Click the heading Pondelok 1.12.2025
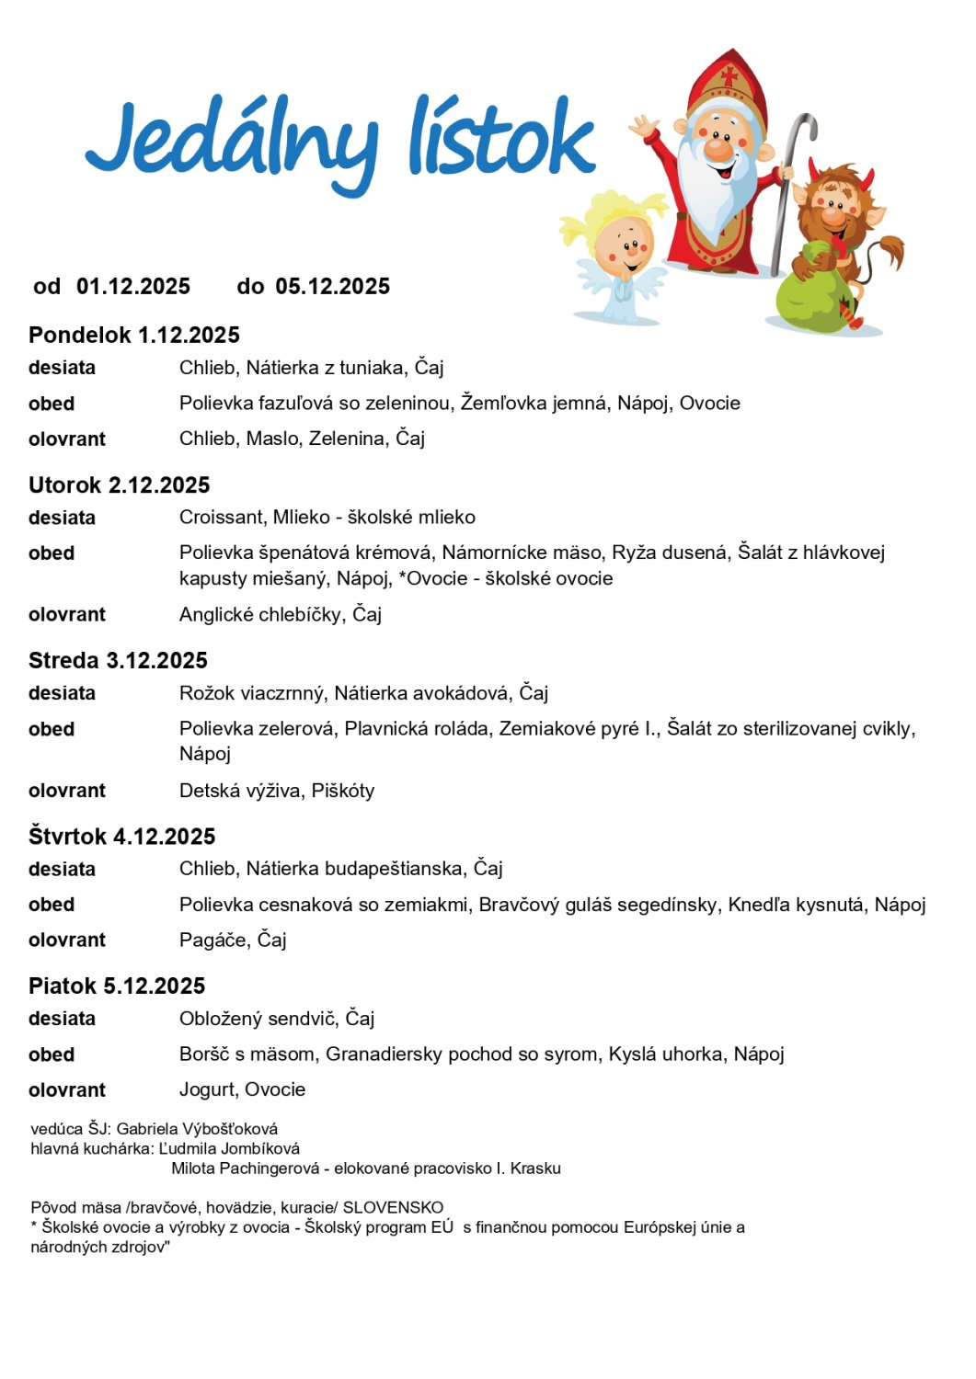click(x=134, y=335)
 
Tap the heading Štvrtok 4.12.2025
click(x=121, y=837)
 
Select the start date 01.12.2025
click(x=133, y=287)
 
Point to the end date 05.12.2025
click(x=333, y=287)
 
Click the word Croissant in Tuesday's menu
click(x=221, y=518)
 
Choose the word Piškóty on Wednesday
click(x=343, y=792)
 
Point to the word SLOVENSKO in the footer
click(x=393, y=1208)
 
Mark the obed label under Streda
click(x=52, y=730)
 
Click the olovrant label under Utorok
click(x=67, y=615)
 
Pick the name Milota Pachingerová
click(x=247, y=1169)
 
